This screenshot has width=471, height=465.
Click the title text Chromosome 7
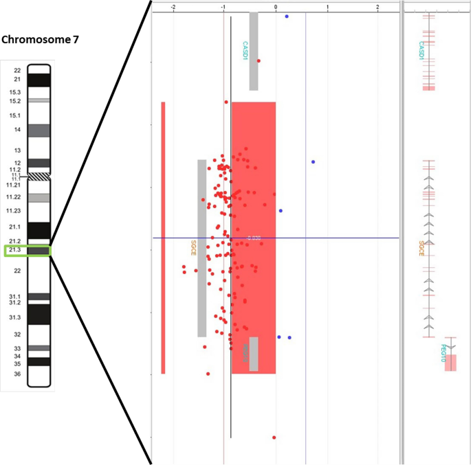40,40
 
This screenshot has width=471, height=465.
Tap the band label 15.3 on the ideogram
14,92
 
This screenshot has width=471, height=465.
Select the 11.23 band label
13,211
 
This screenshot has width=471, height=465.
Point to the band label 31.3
14,317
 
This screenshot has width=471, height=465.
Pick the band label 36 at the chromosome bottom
17,374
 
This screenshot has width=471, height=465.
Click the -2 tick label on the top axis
172,7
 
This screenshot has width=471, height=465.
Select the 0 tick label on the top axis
275,7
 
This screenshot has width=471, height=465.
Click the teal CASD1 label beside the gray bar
245,52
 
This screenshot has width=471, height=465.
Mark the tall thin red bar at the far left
163,238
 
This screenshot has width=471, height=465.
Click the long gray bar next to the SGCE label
202,248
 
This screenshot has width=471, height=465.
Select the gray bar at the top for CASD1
254,52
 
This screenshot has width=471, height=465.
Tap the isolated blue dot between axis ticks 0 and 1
314,162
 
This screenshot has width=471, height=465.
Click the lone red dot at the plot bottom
274,437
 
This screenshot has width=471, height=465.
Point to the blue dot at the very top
287,16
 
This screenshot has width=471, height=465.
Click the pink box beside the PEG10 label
451,363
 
